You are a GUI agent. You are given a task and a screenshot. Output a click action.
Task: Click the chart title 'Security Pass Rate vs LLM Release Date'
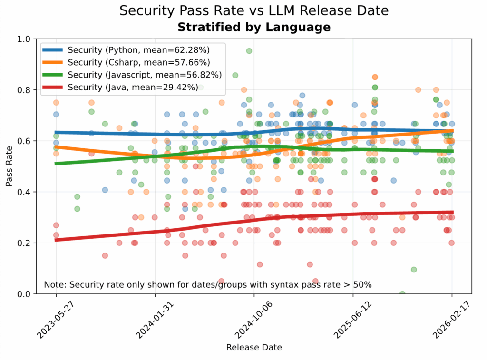(x=253, y=10)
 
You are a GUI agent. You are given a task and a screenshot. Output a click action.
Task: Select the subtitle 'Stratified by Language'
(x=253, y=27)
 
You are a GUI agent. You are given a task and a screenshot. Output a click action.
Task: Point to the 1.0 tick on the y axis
(x=24, y=39)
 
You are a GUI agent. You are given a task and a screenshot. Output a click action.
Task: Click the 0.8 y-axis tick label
(x=24, y=90)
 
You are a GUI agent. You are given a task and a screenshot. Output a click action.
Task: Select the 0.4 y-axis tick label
(x=24, y=192)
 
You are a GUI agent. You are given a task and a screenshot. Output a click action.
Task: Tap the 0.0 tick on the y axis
(x=24, y=294)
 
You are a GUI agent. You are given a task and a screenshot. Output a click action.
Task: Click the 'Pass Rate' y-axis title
(x=9, y=166)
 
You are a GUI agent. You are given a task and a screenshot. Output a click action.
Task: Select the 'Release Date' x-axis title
(x=253, y=348)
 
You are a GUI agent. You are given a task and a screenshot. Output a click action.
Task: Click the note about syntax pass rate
(x=208, y=285)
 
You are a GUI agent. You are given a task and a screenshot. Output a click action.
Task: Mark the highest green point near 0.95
(x=249, y=51)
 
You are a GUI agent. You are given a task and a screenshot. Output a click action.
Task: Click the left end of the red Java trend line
(x=56, y=240)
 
